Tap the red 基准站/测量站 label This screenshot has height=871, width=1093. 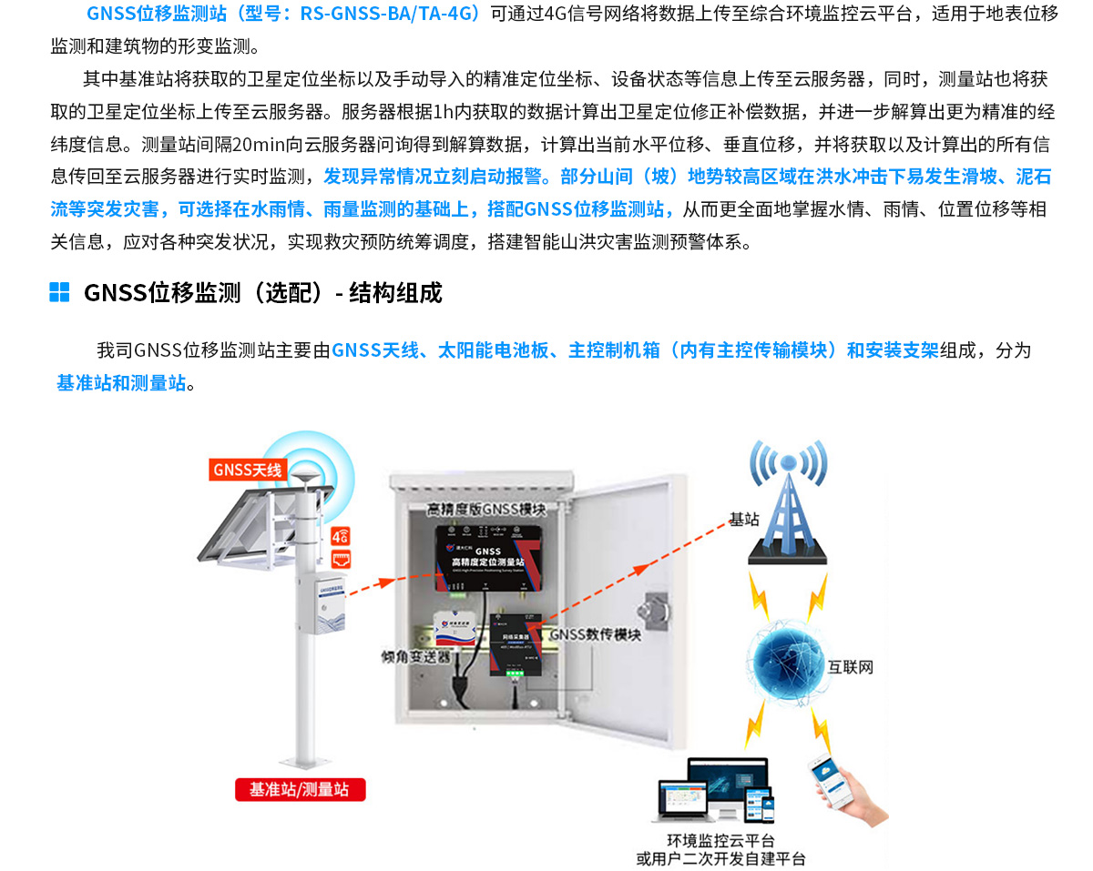coord(300,789)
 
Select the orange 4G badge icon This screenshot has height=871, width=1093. coord(342,536)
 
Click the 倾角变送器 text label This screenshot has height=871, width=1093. coord(416,656)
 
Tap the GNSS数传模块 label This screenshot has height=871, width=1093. coord(596,635)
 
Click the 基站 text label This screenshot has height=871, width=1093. coord(743,520)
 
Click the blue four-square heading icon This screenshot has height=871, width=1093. coord(59,292)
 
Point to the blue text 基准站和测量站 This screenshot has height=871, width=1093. coord(121,383)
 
